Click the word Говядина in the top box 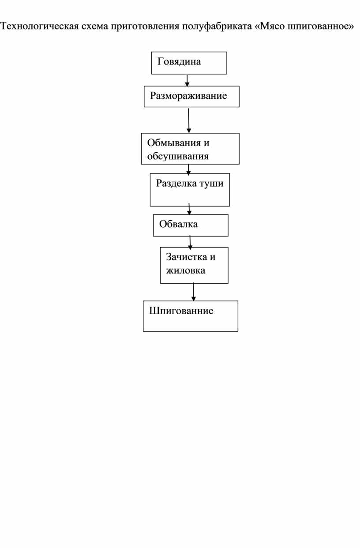(179, 62)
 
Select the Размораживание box (191, 96)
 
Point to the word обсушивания (178, 156)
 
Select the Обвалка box (191, 225)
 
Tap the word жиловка (186, 270)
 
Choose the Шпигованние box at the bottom (191, 316)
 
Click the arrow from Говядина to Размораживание (187, 81)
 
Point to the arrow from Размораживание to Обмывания (188, 120)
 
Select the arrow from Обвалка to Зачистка (190, 243)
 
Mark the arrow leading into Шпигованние (193, 292)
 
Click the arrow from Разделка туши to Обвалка (189, 209)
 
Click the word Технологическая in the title (40, 26)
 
